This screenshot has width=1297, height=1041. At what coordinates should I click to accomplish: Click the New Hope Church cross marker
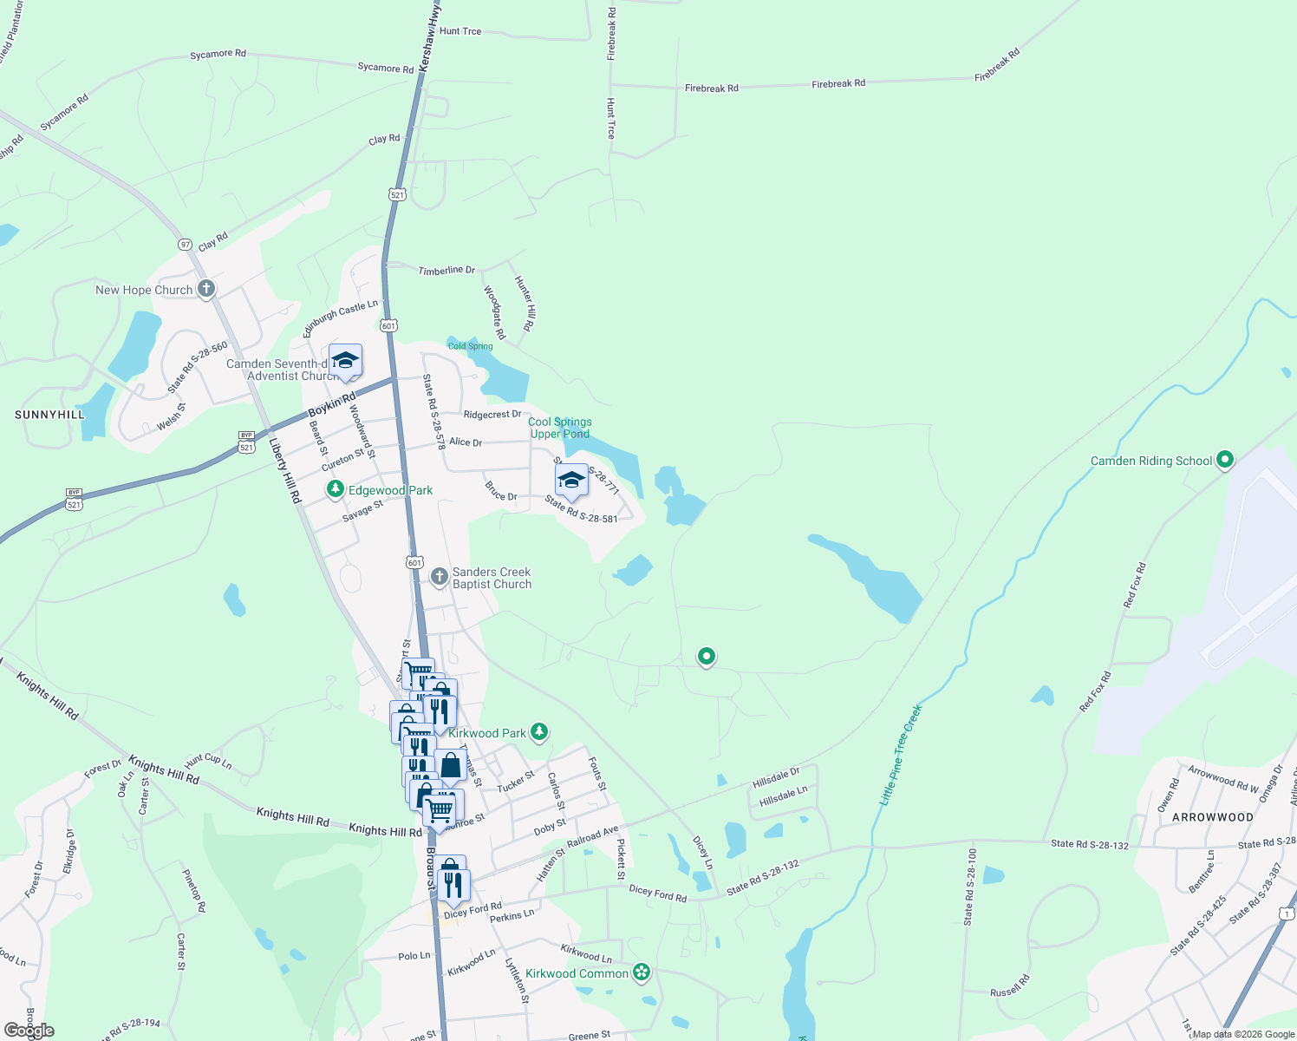click(x=205, y=288)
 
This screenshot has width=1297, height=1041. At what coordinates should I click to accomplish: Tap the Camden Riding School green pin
click(x=1224, y=460)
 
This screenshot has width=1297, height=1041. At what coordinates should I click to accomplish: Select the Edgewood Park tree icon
click(x=336, y=490)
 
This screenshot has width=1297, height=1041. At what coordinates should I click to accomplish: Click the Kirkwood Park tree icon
click(x=539, y=732)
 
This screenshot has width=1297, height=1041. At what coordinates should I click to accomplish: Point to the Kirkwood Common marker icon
click(x=642, y=972)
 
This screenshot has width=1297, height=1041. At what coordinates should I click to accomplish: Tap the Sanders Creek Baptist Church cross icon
click(x=440, y=576)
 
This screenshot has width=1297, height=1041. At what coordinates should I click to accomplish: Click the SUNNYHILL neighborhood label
click(x=49, y=415)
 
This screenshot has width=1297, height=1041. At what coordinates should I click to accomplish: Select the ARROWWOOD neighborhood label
click(x=1212, y=817)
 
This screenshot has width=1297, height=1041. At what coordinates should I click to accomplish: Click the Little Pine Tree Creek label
click(x=901, y=755)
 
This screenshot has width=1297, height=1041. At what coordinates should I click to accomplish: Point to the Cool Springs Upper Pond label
click(x=560, y=428)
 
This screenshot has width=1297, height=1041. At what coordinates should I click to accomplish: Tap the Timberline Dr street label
click(x=446, y=271)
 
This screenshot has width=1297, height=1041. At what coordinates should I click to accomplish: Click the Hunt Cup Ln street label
click(x=208, y=761)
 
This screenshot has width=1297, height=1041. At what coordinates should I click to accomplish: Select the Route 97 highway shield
click(x=186, y=245)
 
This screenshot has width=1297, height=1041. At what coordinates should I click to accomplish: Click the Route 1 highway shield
click(x=1287, y=913)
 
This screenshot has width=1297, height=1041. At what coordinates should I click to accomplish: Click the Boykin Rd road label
click(x=332, y=404)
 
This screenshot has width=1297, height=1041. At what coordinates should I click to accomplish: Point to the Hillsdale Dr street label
click(x=776, y=777)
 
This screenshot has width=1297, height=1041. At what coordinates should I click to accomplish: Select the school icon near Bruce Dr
click(x=571, y=480)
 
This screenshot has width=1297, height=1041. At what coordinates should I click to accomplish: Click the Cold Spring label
click(x=470, y=346)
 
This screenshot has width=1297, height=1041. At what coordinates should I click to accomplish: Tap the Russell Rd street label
click(x=1010, y=985)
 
